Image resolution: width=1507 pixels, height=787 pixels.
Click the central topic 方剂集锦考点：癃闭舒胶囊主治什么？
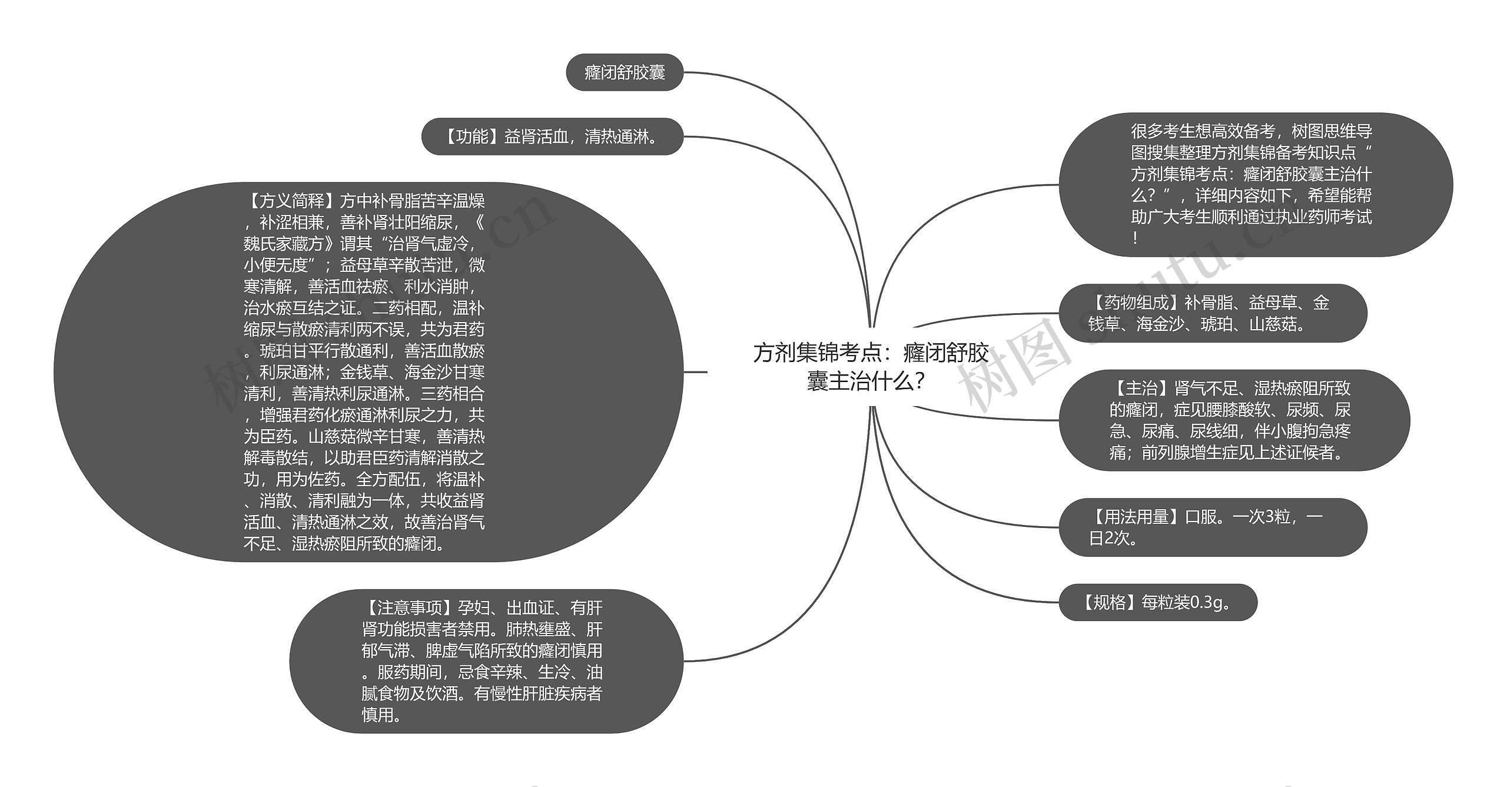pos(870,367)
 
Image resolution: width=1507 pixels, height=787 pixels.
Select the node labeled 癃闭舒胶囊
pos(625,72)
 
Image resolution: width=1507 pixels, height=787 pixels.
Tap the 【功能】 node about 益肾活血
pos(552,137)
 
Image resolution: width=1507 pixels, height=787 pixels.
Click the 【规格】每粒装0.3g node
pos(1157,602)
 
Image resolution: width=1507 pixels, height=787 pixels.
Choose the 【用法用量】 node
pos(1213,527)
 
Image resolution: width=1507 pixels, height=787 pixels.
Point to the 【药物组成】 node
pos(1213,313)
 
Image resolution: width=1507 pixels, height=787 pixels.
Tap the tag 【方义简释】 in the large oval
pos(291,201)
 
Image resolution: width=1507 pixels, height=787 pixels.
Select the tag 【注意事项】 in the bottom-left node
pos(409,607)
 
